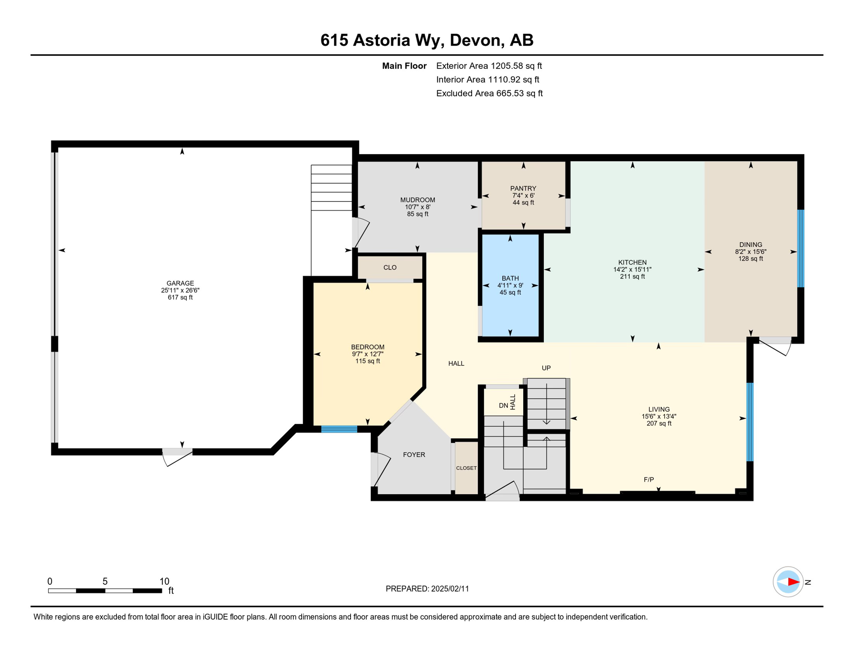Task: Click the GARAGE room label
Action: [x=180, y=283]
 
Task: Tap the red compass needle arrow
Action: [x=793, y=582]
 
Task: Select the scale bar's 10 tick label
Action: [x=164, y=581]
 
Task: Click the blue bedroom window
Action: [x=339, y=429]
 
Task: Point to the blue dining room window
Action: [x=800, y=248]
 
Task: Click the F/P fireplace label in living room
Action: [x=648, y=480]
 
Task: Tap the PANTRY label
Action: [x=523, y=188]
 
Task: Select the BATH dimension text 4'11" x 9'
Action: [x=510, y=285]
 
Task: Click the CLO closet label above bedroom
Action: [x=390, y=267]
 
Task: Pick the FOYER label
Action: [x=414, y=455]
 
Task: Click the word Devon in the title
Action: [x=476, y=40]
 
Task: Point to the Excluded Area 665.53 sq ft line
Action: [x=489, y=93]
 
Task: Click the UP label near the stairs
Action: [x=546, y=368]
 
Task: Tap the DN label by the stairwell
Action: [x=503, y=406]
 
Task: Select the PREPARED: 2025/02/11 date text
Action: [x=427, y=589]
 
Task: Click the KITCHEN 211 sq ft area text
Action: [x=632, y=277]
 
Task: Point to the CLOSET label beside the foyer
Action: [x=466, y=468]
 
